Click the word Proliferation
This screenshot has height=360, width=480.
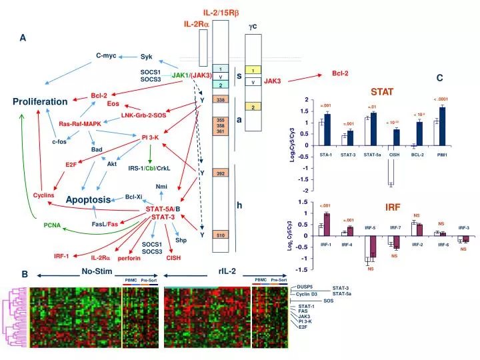[x=40, y=102]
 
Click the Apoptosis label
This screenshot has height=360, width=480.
[x=87, y=200]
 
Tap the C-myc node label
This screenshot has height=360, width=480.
[x=106, y=55]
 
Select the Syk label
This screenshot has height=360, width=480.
[x=147, y=57]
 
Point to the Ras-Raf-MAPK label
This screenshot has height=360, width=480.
[x=80, y=124]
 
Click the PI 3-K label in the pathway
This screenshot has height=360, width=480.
[x=150, y=137]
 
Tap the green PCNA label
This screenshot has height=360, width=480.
[x=53, y=225]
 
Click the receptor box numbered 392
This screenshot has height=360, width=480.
[x=220, y=173]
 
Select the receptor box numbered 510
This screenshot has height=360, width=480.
[x=220, y=235]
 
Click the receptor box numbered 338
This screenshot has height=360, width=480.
[x=220, y=99]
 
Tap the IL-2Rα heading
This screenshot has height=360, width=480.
[x=197, y=24]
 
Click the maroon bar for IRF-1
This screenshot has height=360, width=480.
[x=327, y=225]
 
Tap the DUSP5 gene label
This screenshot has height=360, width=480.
[x=305, y=287]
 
